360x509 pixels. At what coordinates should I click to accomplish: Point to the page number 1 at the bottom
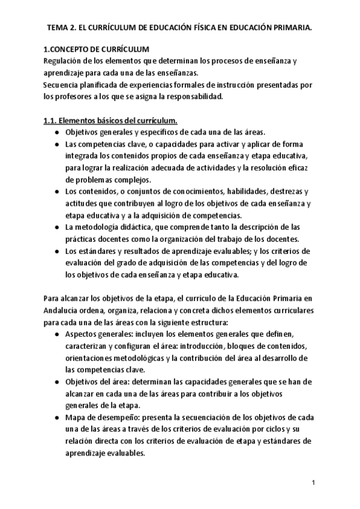pos(313,483)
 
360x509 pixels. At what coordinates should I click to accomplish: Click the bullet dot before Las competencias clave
pos(56,145)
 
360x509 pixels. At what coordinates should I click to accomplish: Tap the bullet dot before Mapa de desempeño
pos(56,417)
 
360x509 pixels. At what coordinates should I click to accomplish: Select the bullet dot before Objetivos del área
pos(56,381)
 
